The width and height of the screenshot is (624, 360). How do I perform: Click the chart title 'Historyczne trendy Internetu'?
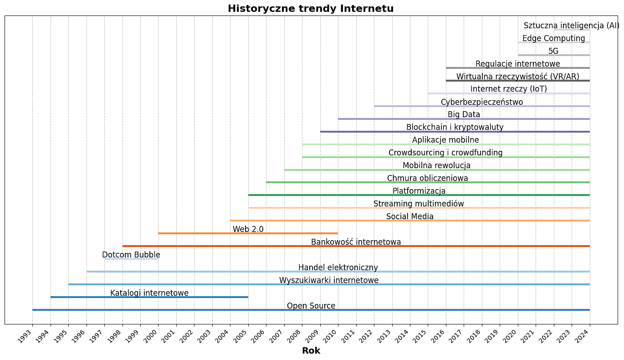coord(311,9)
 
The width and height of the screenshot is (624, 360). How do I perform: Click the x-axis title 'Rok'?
coord(311,351)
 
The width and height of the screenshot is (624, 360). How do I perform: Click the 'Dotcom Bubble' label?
coord(131,255)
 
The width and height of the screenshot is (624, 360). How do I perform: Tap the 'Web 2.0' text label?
coord(248,229)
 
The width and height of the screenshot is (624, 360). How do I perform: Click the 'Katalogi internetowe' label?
coord(149,293)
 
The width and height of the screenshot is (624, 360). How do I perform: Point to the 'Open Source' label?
coord(311,306)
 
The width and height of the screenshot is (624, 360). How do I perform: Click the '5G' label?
coord(553,51)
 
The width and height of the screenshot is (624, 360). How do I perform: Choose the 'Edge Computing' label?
coord(554,38)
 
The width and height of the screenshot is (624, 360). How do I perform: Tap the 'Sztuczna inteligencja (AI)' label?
coord(572,26)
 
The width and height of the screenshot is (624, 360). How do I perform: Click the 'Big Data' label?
coord(464,114)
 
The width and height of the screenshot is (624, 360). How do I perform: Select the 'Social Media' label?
coord(410,216)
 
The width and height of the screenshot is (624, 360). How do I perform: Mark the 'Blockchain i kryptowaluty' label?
coord(455,127)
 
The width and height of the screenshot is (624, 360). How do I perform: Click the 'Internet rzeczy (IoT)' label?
coord(509,89)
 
